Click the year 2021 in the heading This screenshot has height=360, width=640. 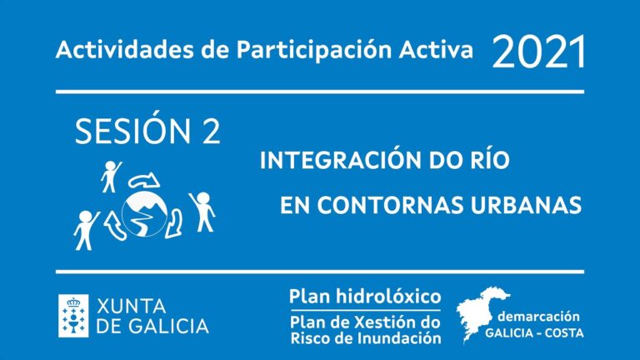(x=539, y=52)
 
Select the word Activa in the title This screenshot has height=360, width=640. (x=436, y=50)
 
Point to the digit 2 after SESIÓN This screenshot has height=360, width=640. (x=211, y=132)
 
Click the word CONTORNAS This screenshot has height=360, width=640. (x=391, y=205)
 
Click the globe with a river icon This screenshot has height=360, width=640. (x=144, y=214)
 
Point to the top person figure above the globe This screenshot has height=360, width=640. (x=111, y=177)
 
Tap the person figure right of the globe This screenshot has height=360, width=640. (x=202, y=212)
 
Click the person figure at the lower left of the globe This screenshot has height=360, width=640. (x=86, y=230)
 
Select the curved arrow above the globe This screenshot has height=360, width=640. (x=143, y=180)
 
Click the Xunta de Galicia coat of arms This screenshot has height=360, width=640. (x=73, y=316)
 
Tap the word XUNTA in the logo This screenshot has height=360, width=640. (x=132, y=306)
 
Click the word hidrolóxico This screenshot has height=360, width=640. (x=388, y=297)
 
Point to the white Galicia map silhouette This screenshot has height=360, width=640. (x=481, y=313)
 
